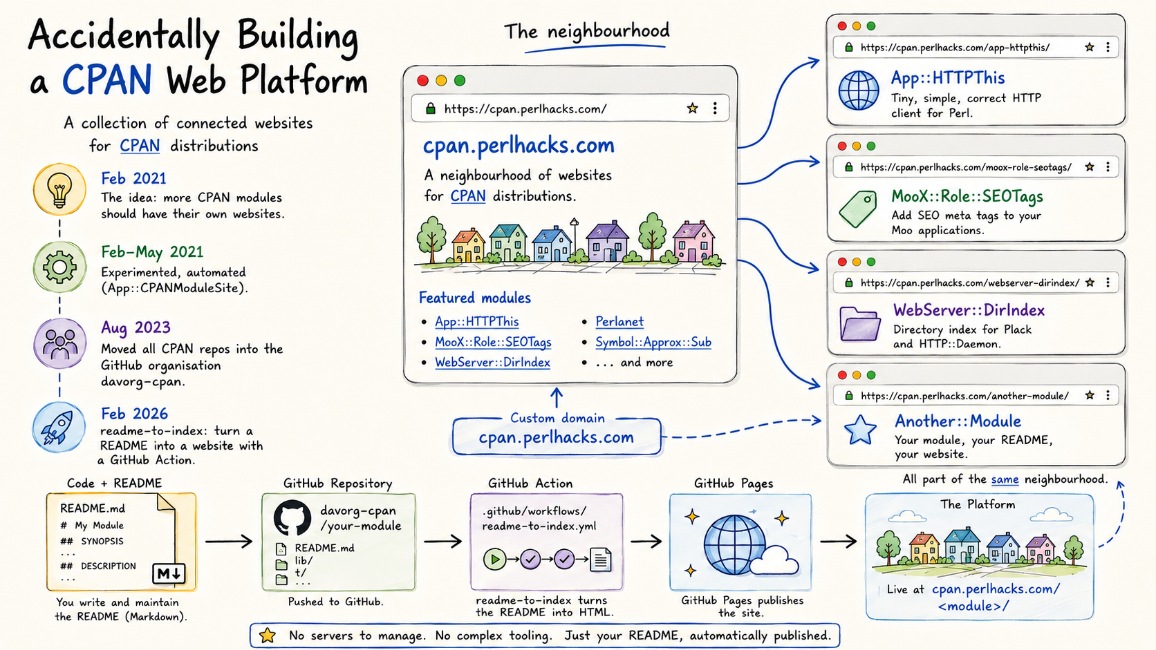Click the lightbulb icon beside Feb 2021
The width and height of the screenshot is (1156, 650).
pos(59,189)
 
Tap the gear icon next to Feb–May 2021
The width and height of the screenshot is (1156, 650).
pos(59,267)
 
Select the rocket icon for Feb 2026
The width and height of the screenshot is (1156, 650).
pos(59,428)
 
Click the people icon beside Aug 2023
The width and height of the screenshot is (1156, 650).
pos(59,343)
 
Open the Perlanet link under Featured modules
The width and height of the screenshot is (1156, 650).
pos(619,322)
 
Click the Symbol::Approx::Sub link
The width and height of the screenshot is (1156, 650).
pos(653,342)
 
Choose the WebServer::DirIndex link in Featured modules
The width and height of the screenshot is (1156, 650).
pos(492,363)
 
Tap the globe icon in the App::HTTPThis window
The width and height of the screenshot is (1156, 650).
pos(858,90)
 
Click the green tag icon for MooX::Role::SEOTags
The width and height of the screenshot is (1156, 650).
pos(858,209)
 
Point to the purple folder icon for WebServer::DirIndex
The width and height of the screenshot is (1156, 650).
pos(860,324)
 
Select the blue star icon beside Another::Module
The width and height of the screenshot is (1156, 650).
pos(860,430)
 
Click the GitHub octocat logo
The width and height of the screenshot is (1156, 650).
pos(292,517)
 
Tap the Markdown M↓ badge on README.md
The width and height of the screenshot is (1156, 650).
pos(169,573)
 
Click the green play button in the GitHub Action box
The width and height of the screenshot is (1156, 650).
pos(494,560)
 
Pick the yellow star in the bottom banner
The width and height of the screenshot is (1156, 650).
pos(268,635)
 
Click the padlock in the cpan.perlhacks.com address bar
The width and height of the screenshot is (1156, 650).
pos(430,108)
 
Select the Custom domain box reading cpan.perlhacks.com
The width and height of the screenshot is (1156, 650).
pos(557,436)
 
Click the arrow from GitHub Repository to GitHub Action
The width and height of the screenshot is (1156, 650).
pos(442,542)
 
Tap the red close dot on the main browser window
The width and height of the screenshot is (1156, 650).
pos(422,80)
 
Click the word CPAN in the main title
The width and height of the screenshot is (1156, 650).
pos(107,80)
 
